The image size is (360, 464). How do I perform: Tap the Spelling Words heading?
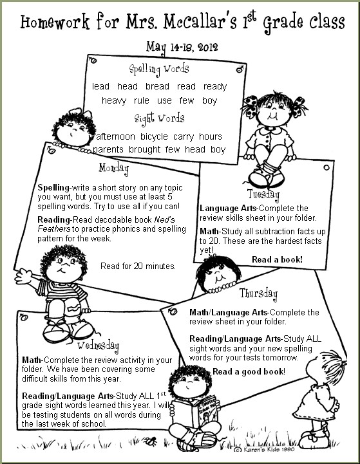[158, 68]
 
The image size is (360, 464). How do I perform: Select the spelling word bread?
[157, 86]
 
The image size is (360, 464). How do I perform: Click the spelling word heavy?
[114, 100]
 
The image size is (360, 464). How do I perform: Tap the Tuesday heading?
[263, 194]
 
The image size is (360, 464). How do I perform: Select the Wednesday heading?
[99, 344]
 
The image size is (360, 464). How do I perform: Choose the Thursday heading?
[258, 294]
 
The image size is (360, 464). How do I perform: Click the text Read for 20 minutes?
[138, 265]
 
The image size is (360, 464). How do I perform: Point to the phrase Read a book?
[277, 259]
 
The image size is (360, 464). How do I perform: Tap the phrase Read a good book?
[249, 372]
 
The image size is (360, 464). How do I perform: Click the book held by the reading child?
[196, 411]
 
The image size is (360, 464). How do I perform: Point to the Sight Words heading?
[159, 118]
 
